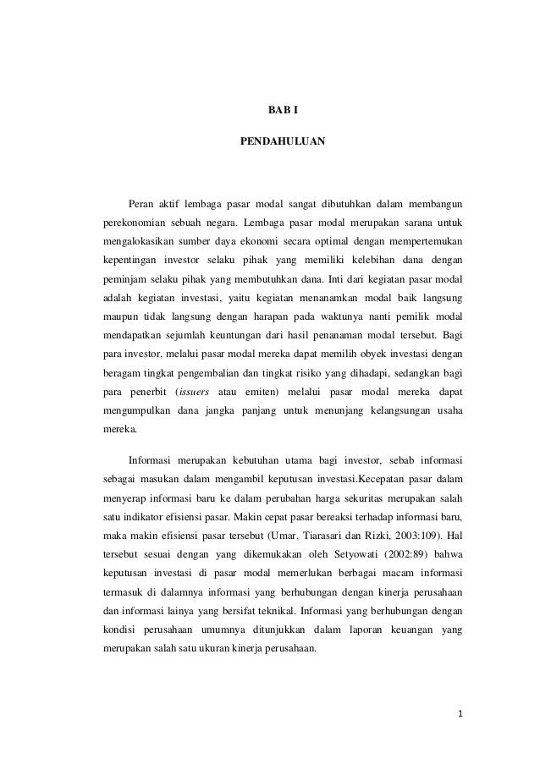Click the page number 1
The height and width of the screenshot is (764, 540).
click(460, 713)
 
